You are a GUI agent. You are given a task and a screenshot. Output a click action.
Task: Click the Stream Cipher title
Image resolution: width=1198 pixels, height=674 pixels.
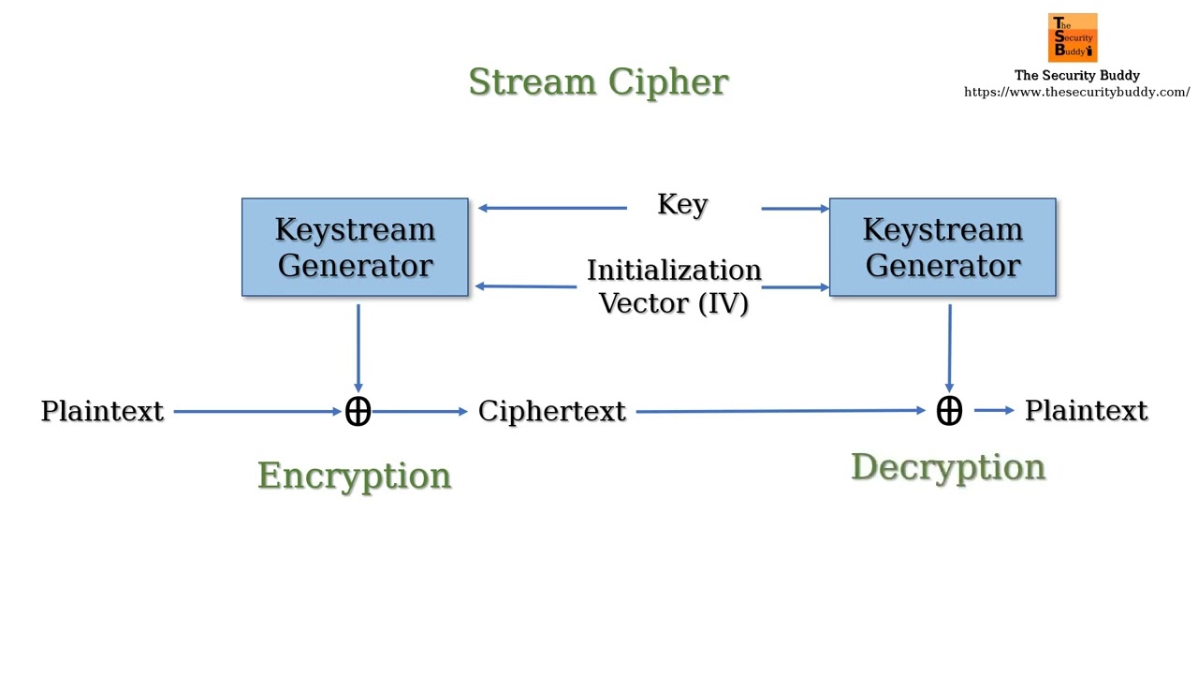coord(598,82)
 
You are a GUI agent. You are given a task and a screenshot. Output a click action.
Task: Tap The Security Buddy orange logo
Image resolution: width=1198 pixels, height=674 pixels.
coord(1073,37)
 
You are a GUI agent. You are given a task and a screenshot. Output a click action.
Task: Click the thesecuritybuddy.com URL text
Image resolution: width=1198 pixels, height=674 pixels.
coord(1076,92)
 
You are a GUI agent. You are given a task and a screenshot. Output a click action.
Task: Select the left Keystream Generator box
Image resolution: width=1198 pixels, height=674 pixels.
coord(355,247)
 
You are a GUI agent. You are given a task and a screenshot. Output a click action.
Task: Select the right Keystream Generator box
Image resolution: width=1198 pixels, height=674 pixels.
coord(942,247)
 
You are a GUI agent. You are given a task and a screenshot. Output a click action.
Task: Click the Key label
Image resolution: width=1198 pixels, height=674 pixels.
coord(682,205)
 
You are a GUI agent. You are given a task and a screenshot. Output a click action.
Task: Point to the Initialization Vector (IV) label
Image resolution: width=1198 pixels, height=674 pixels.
coord(674,286)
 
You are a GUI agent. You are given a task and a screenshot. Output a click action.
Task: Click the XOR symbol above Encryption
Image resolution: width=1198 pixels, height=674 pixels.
coord(358,411)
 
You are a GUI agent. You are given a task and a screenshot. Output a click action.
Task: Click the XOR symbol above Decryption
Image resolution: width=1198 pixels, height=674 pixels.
coord(949,410)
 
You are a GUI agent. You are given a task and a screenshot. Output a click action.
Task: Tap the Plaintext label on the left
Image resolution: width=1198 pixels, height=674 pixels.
coord(102,411)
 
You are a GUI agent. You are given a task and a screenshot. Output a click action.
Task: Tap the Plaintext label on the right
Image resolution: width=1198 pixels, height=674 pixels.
coord(1086,410)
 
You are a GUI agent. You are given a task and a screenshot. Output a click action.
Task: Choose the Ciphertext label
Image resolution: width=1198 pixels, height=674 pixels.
coord(551,411)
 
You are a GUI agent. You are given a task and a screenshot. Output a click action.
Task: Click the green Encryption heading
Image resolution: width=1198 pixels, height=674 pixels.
coord(354,476)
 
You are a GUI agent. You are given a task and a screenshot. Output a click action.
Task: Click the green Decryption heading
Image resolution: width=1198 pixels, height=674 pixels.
coord(947,466)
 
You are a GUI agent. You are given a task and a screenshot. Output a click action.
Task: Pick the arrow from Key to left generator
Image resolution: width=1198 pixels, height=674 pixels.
coord(552,208)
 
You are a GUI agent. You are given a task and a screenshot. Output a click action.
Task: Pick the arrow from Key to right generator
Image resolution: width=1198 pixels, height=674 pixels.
coord(795,208)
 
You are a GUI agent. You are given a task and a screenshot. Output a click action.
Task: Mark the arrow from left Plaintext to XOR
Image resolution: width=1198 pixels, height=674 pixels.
coord(257,411)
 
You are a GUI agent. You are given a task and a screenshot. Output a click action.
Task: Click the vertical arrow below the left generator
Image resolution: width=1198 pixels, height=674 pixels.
coord(358,346)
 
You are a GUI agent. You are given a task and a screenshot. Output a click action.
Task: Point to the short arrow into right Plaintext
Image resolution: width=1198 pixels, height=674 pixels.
coord(994,410)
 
